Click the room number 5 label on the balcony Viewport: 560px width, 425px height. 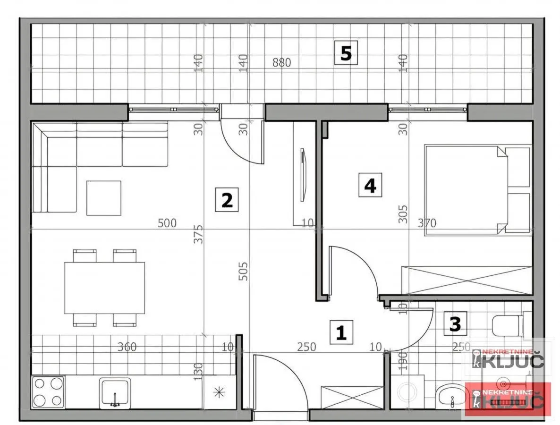tap(346, 53)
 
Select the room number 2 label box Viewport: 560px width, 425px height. tap(227, 200)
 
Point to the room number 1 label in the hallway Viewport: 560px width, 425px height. tap(341, 332)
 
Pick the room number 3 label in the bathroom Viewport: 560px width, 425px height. tap(455, 323)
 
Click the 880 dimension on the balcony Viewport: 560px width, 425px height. tap(281, 62)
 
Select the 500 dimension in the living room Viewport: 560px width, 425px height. tap(167, 222)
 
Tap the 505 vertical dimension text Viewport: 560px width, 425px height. tap(244, 271)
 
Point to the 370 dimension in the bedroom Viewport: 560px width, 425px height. tap(426, 222)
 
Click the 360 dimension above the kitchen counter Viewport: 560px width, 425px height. tap(127, 347)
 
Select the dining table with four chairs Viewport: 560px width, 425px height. tap(105, 288)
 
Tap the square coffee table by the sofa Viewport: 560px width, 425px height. tap(103, 198)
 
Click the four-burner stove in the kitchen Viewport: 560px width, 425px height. tap(48, 392)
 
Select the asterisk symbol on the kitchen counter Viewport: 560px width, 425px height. tap(218, 391)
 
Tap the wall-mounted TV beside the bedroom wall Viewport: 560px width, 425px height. tap(302, 175)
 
